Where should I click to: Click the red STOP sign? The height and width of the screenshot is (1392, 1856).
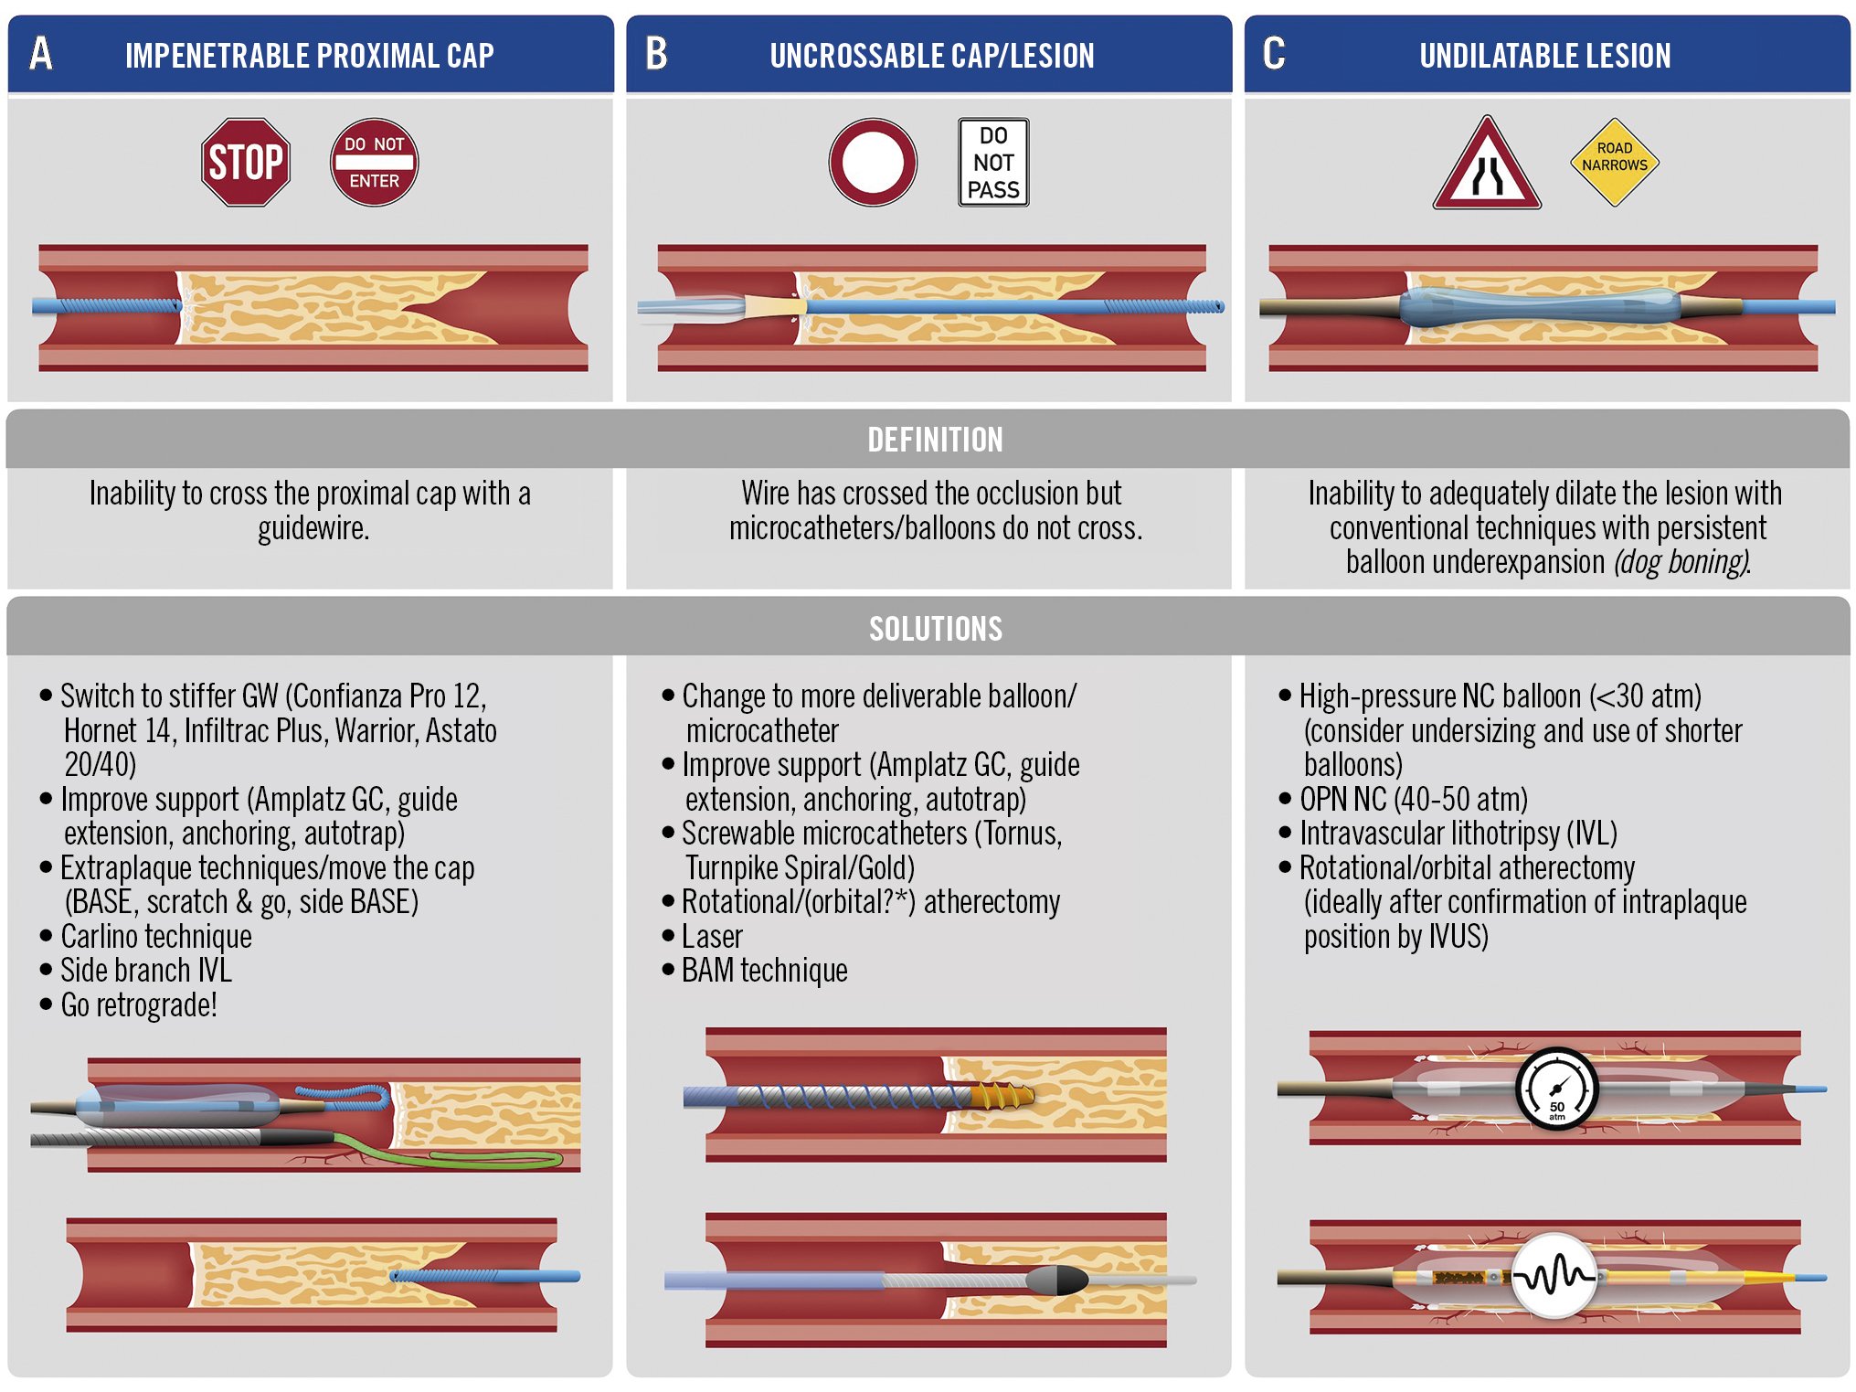click(x=245, y=163)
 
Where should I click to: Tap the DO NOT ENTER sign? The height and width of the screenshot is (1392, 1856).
click(x=374, y=163)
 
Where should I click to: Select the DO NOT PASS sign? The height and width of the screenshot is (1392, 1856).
click(x=993, y=163)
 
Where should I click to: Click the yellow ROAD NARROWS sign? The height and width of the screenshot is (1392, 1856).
click(x=1614, y=162)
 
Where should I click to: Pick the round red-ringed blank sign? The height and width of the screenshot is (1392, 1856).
click(x=873, y=163)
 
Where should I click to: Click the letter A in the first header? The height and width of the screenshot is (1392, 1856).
click(x=41, y=54)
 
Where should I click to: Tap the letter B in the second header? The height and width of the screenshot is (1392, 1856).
click(x=656, y=54)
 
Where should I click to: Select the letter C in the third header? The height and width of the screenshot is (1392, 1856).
click(x=1274, y=54)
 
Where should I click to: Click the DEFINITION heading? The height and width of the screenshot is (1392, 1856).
click(x=935, y=440)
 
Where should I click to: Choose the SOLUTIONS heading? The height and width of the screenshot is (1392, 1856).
click(x=935, y=629)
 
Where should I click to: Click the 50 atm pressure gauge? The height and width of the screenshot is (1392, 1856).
click(x=1556, y=1089)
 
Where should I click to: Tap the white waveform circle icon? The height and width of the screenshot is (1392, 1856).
click(x=1554, y=1275)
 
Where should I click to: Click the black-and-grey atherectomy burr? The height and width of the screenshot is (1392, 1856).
click(x=1057, y=1280)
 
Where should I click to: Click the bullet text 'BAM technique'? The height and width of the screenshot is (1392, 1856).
click(x=764, y=971)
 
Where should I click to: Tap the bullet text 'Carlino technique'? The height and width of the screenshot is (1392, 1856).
click(x=156, y=937)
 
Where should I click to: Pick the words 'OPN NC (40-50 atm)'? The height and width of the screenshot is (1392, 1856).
click(x=1413, y=800)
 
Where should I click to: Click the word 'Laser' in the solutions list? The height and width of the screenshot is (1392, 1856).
click(x=712, y=937)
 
